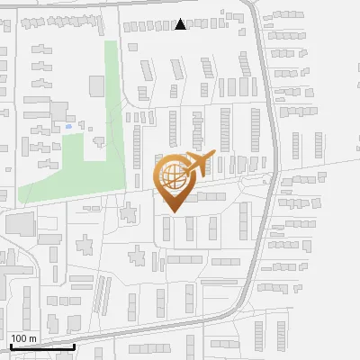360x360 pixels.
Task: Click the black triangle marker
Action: pos(181,24)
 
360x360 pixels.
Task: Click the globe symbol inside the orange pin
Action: pos(172,175)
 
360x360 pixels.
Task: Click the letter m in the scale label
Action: pos(32,338)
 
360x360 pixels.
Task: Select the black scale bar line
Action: pos(41,346)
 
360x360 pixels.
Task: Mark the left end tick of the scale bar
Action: pos(10,345)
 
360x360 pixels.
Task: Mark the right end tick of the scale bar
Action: pos(74,345)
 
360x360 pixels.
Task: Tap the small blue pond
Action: pos(68,127)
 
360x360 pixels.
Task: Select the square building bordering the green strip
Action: pos(97,85)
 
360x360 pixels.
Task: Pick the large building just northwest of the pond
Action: pos(58,111)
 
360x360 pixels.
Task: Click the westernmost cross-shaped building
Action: pos(86,245)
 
